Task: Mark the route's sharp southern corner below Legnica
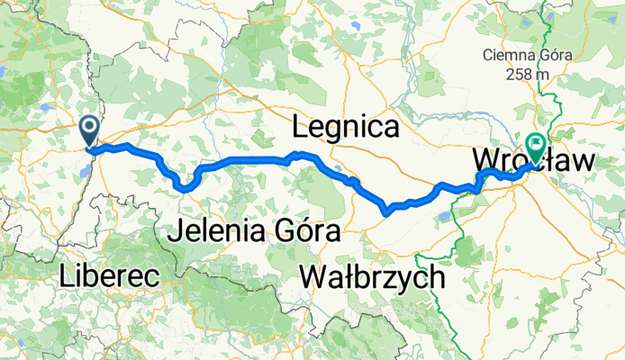coord(385,212)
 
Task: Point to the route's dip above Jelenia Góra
coord(186,188)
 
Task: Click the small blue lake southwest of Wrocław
coord(445,215)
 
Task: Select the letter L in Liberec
coord(66,276)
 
